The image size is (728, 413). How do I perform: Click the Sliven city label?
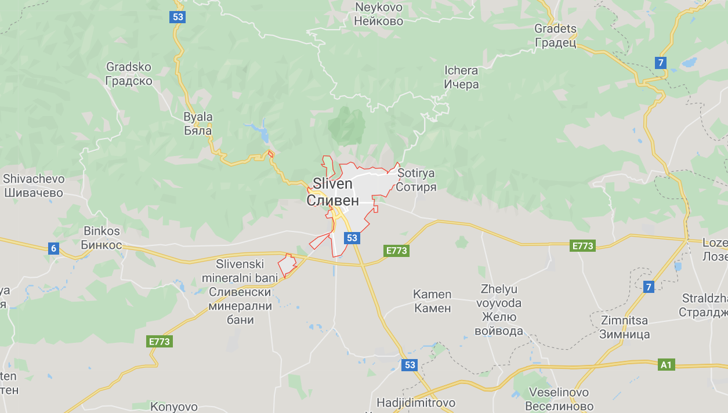tap(332, 191)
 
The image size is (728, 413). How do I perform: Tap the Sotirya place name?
tap(416, 180)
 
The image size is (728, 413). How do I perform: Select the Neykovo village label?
tap(379, 14)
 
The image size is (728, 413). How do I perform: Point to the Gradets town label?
tap(555, 35)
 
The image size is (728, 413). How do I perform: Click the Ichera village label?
tap(461, 77)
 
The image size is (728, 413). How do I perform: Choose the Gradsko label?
tap(129, 74)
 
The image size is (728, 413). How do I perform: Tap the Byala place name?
tap(198, 124)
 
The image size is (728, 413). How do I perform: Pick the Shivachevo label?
tap(34, 186)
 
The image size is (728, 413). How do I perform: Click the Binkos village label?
tap(102, 238)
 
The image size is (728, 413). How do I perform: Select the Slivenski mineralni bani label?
tap(240, 292)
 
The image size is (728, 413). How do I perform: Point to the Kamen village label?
tap(432, 301)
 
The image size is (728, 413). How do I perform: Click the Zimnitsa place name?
tap(624, 327)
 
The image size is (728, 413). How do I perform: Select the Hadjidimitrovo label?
tap(416, 403)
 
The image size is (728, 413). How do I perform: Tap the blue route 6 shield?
tap(53, 249)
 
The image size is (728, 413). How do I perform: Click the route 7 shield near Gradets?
tap(660, 63)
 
